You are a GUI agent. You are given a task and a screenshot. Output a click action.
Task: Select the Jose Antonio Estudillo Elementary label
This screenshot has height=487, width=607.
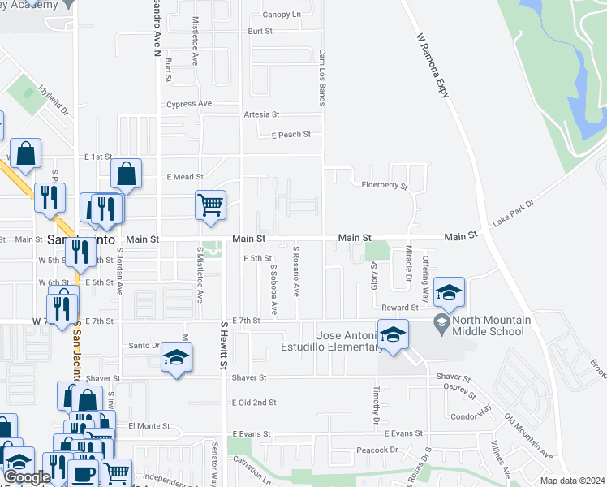click(x=349, y=341)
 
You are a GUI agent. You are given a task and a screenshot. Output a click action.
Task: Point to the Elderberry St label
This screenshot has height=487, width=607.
click(x=384, y=186)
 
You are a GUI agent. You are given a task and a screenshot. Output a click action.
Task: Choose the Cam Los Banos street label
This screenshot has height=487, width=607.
click(x=322, y=77)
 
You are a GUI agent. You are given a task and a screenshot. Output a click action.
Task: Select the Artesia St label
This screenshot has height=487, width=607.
click(x=261, y=115)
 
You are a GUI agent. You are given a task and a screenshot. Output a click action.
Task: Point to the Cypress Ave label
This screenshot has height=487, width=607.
click(x=188, y=104)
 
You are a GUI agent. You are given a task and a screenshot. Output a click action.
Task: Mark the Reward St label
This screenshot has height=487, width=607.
click(x=400, y=308)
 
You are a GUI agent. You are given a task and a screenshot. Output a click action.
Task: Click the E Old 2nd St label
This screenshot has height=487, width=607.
click(x=254, y=403)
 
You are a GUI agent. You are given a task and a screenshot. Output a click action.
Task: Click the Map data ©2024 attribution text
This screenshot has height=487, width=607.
click(x=572, y=481)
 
